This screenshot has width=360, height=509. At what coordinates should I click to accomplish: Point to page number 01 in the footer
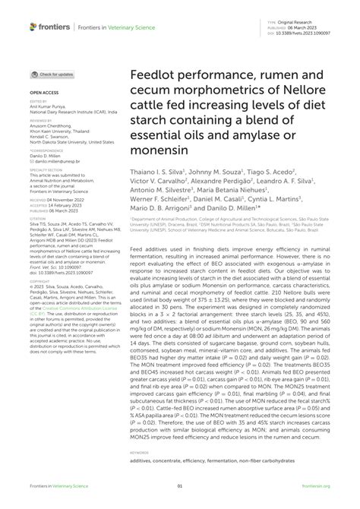pyautogui.click(x=180, y=487)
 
